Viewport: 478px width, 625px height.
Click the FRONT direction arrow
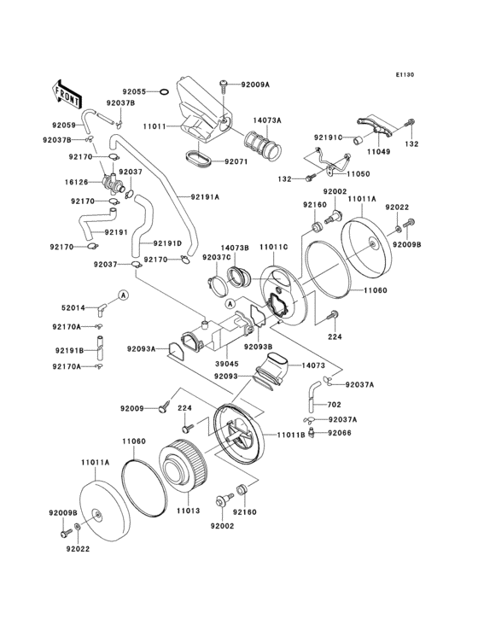point(67,89)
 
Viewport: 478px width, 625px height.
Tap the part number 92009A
point(254,85)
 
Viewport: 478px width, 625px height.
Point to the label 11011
point(154,126)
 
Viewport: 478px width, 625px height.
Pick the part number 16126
point(77,182)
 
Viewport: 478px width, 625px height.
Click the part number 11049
point(379,150)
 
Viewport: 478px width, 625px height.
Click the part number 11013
point(188,511)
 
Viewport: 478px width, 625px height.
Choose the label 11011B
point(292,434)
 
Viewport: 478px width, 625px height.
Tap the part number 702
point(334,404)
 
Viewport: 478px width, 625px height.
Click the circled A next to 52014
point(122,295)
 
